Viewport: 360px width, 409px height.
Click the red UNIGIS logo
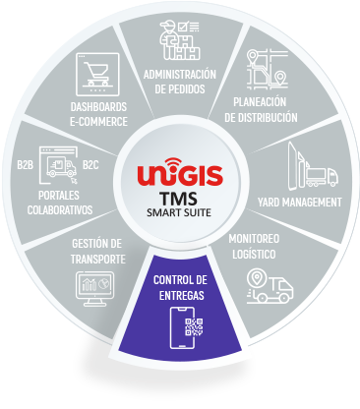click(x=180, y=172)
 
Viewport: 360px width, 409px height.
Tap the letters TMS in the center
click(x=179, y=199)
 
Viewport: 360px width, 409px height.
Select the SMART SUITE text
click(x=179, y=212)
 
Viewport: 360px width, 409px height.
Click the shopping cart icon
click(x=97, y=75)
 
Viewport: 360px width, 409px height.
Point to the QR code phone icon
click(x=186, y=328)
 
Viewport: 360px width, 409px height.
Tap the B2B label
click(x=26, y=164)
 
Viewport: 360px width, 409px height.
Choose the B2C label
click(x=90, y=164)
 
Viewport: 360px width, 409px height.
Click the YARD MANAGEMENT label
click(x=299, y=203)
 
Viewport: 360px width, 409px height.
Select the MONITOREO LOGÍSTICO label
click(x=254, y=246)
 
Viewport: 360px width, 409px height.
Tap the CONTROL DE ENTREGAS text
click(x=180, y=287)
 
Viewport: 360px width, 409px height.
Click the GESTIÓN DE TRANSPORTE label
click(x=97, y=252)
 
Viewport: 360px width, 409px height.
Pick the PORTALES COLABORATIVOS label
click(x=60, y=203)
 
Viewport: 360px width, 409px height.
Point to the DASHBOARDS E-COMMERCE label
click(x=98, y=114)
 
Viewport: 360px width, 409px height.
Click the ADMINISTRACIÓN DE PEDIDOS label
click(x=180, y=82)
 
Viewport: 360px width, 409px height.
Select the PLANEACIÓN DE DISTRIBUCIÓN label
click(x=261, y=110)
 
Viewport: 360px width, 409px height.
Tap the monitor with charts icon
click(x=94, y=289)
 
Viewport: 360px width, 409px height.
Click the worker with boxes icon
click(x=180, y=40)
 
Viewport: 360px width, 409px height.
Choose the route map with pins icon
click(x=267, y=69)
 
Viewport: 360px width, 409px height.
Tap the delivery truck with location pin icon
click(x=270, y=286)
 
